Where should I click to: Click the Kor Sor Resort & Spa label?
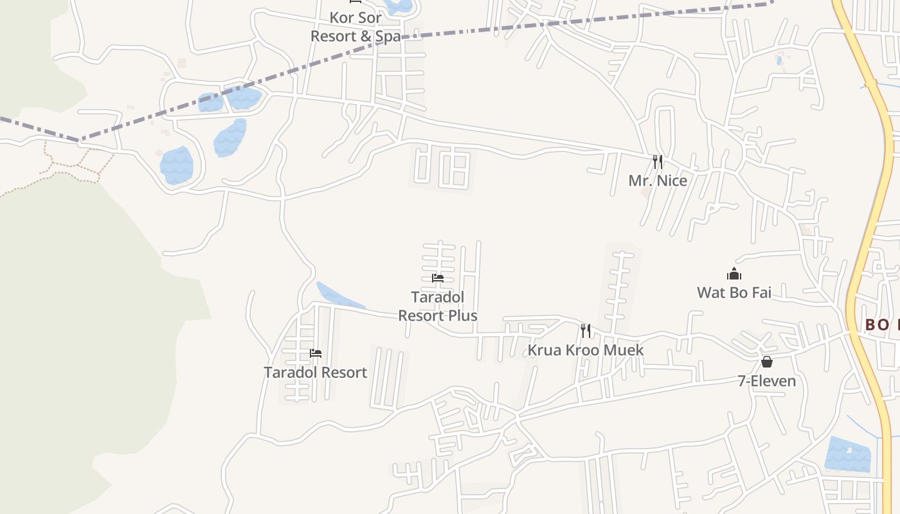coord(355,27)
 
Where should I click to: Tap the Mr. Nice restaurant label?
coord(658,181)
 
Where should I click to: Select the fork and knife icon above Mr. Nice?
coord(657,161)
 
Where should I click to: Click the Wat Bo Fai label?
coord(734,293)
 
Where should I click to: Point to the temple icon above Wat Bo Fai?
coord(734,274)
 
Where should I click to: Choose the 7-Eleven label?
coord(766,381)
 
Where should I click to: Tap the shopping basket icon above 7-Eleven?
coord(766,362)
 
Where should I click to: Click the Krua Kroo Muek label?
coord(586,350)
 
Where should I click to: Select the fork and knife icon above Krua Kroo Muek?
coord(586,331)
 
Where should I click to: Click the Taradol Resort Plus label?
coord(438,306)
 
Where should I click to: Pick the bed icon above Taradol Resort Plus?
coord(438,278)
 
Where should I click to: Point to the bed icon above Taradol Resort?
coord(316,353)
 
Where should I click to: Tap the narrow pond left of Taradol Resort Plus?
coord(339,296)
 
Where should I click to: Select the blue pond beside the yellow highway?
coord(847,454)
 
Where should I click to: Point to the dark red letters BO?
coord(876,324)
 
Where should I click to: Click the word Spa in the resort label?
coord(388,36)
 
